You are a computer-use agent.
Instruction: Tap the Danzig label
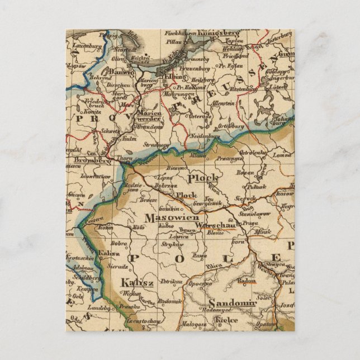pyautogui.click(x=121, y=73)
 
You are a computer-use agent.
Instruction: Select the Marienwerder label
pyautogui.click(x=149, y=115)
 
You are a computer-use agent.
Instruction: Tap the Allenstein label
pyautogui.click(x=222, y=104)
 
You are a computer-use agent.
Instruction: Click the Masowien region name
pyautogui.click(x=164, y=217)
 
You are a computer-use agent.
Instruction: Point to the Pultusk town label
pyautogui.click(x=256, y=187)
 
